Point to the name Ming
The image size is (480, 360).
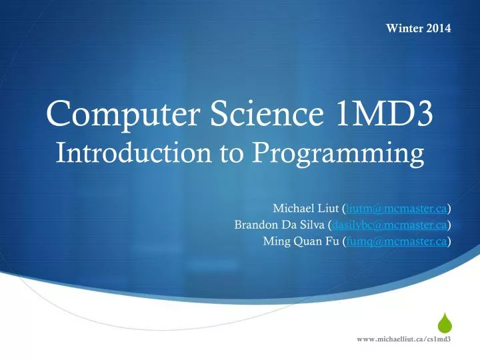click(277, 241)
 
